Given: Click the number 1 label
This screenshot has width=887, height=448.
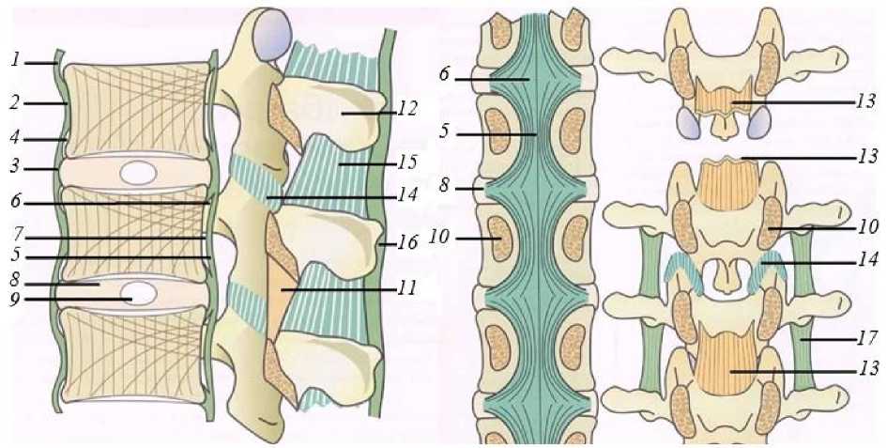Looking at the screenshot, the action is [16, 60].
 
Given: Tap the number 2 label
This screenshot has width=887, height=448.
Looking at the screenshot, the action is [16, 100].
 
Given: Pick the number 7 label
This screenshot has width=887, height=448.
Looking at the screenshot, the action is [16, 230].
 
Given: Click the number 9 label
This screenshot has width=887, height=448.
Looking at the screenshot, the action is [16, 301].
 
